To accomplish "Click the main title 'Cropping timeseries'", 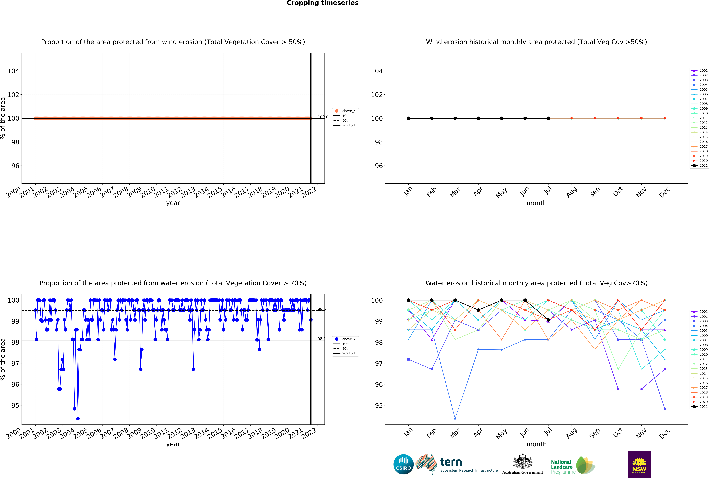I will tap(322, 3).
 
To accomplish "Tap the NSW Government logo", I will tap(639, 464).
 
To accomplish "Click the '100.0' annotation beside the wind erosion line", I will tap(323, 117).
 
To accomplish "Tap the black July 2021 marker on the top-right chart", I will tap(548, 118).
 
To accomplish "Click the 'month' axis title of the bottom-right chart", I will tap(536, 444).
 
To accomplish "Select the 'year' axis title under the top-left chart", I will tap(173, 203).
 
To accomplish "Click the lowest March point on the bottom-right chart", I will tap(455, 419).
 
